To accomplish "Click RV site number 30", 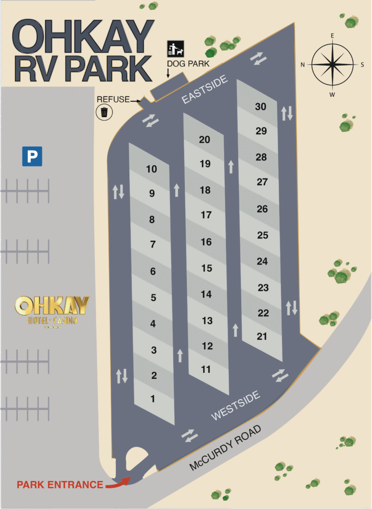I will [x=261, y=106].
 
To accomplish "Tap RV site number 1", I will [x=153, y=399].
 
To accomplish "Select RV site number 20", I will [x=204, y=140].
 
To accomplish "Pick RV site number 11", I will [x=206, y=369].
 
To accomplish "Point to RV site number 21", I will [x=262, y=337].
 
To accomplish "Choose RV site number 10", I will [x=151, y=169].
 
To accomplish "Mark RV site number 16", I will [x=206, y=242].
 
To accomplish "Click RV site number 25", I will [x=263, y=235].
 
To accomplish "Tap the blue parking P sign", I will [x=32, y=156].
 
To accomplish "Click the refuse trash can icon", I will [x=104, y=112].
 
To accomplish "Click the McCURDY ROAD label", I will [x=225, y=449].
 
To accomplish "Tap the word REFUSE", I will [x=113, y=99].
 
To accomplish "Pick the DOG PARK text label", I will [x=188, y=64].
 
